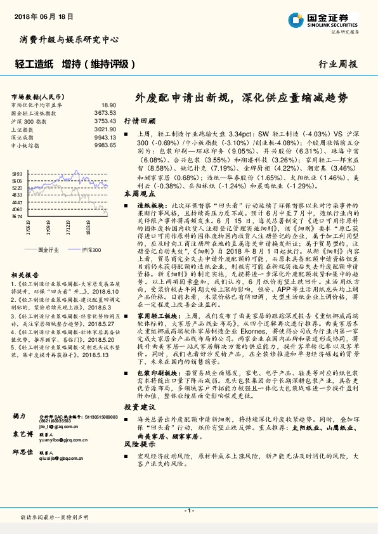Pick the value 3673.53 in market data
[105, 112]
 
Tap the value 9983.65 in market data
[105, 145]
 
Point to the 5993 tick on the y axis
[17, 173]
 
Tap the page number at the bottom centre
[188, 510]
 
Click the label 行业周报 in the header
[337, 63]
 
